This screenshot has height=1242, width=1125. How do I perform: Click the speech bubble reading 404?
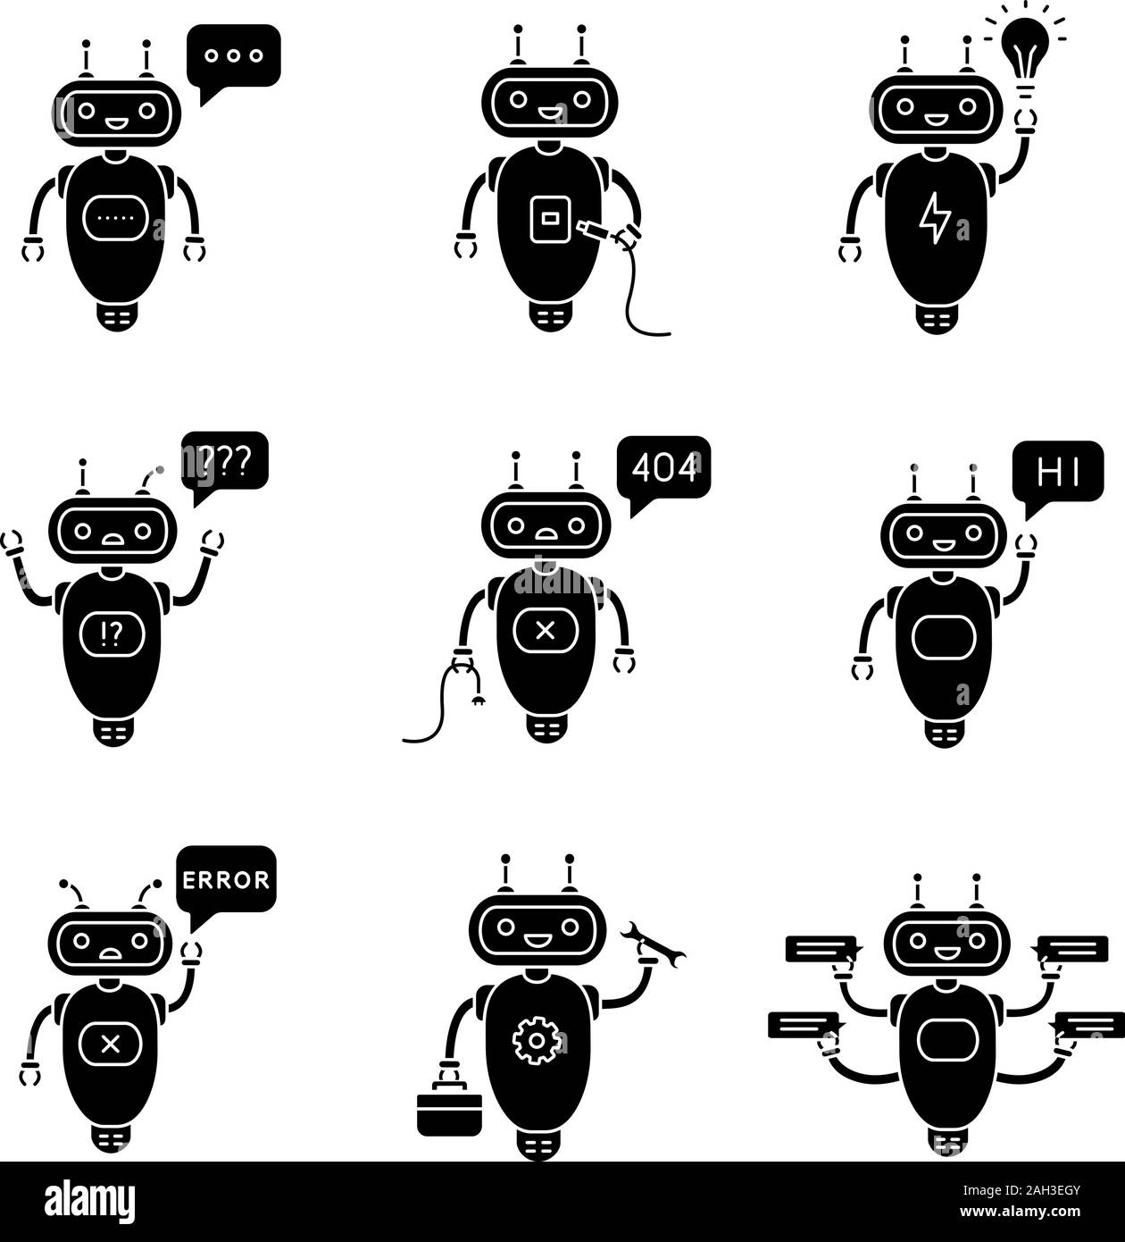click(664, 468)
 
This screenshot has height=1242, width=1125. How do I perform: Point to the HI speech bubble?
click(1058, 473)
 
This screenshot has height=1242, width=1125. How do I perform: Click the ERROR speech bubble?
click(226, 879)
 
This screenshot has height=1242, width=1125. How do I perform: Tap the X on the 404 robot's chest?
click(546, 631)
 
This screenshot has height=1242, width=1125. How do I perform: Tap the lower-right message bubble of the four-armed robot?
click(1088, 1024)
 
